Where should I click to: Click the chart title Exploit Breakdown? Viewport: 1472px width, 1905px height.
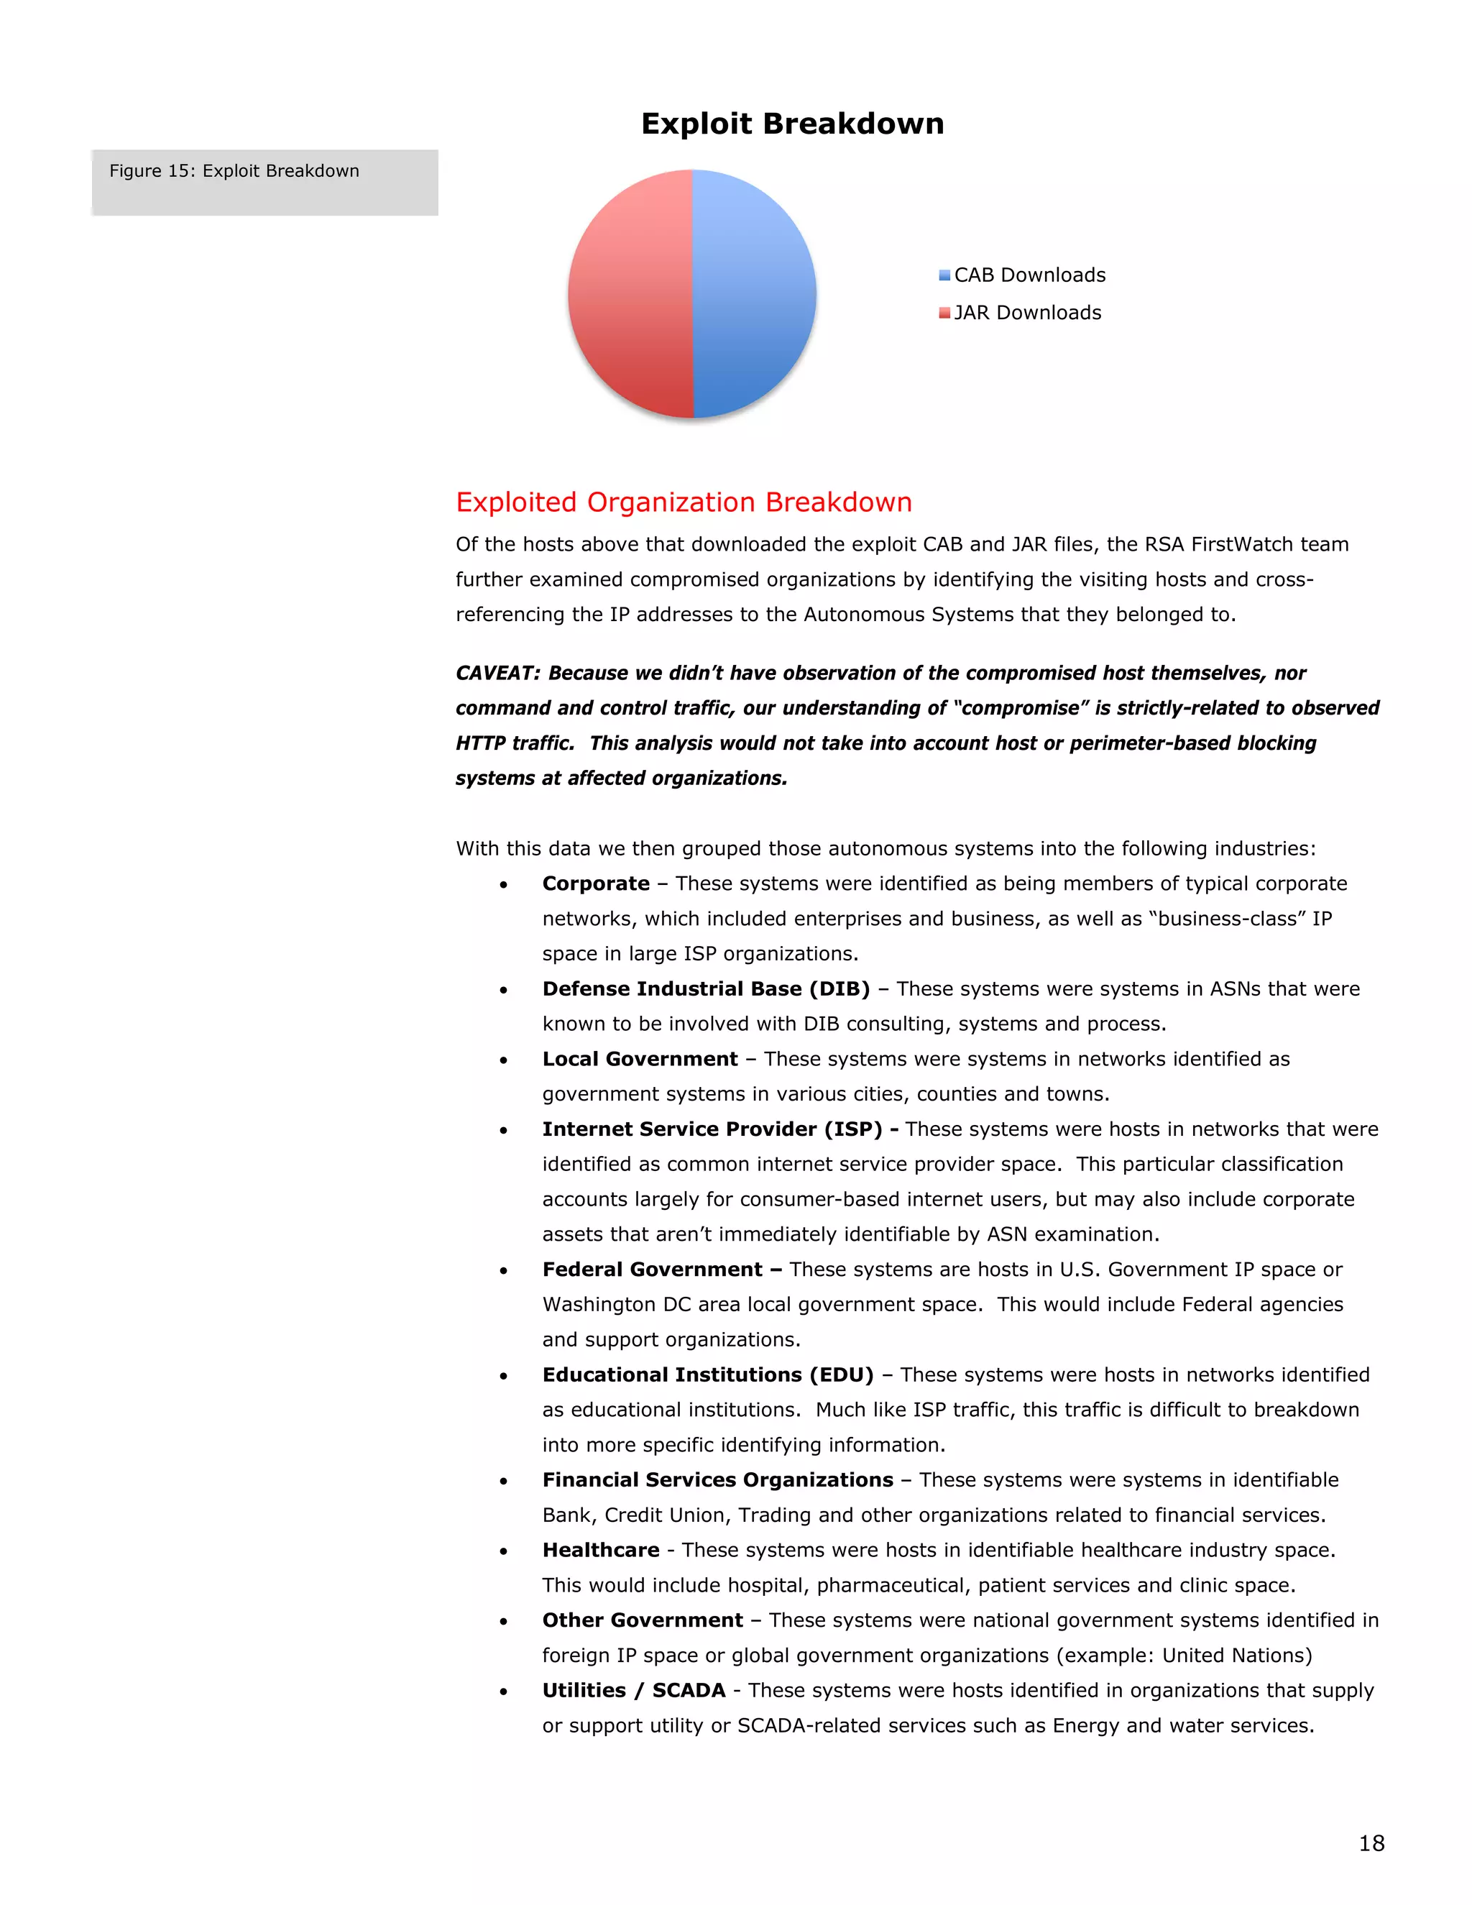pyautogui.click(x=792, y=124)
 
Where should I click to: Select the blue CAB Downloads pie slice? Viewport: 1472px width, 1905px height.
pyautogui.click(x=754, y=294)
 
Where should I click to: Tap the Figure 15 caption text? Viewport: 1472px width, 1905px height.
pyautogui.click(x=234, y=171)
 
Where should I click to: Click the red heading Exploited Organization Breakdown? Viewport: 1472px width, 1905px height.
pyautogui.click(x=684, y=502)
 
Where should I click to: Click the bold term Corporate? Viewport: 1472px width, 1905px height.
pyautogui.click(x=596, y=883)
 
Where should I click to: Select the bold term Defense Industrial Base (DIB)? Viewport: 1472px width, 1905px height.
pyautogui.click(x=706, y=989)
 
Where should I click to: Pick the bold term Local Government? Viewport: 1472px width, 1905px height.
pyautogui.click(x=639, y=1059)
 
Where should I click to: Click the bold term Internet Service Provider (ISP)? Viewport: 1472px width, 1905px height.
pyautogui.click(x=712, y=1129)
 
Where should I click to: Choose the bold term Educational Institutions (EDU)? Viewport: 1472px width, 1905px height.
pyautogui.click(x=707, y=1374)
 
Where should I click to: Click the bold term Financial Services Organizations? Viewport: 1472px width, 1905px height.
pyautogui.click(x=717, y=1480)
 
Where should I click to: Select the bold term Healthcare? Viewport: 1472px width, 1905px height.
pyautogui.click(x=601, y=1550)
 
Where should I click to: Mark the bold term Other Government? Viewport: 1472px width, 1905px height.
pyautogui.click(x=642, y=1620)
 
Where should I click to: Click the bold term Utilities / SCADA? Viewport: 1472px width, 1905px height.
pyautogui.click(x=633, y=1691)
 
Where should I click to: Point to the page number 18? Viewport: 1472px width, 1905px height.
pyautogui.click(x=1371, y=1843)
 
